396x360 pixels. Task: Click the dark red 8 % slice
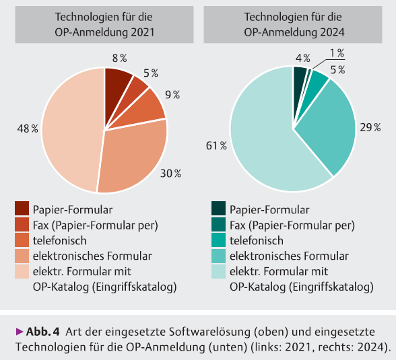[117, 81]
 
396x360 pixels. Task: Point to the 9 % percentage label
[172, 95]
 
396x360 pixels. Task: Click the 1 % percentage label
[336, 53]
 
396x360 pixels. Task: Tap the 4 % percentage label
[302, 57]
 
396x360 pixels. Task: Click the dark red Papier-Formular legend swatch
[22, 209]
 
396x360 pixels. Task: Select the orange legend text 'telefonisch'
[61, 240]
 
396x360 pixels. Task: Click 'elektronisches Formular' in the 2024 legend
[289, 256]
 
